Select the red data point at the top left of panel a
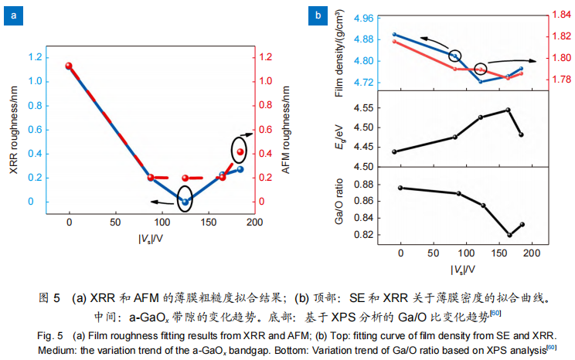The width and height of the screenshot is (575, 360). point(69,66)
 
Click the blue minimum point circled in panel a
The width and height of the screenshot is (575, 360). point(185,202)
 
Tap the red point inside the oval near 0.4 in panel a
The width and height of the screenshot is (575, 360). point(240,151)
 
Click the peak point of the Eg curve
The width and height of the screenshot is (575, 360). point(508,110)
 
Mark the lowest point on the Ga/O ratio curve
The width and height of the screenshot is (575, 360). point(509,235)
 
